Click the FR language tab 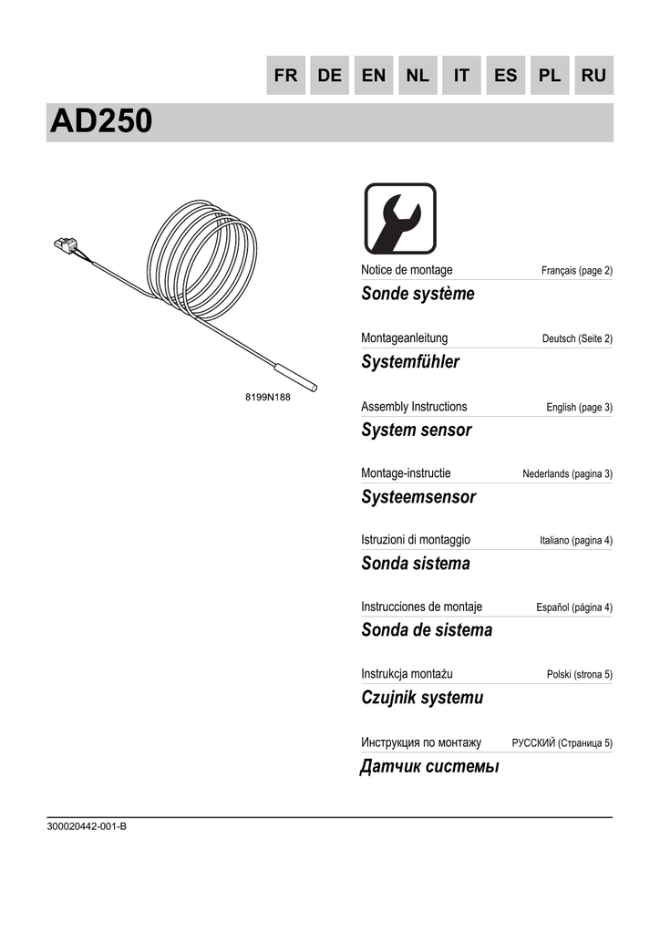coord(286,76)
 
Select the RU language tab coord(593,76)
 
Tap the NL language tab coord(418,76)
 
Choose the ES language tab coord(505,76)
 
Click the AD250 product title coord(101,122)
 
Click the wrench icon coord(400,219)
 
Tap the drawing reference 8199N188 coord(268,398)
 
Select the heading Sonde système coord(418,294)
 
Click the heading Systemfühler coord(410,362)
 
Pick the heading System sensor coord(416,430)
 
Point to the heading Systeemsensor coord(418,497)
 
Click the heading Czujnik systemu coord(422,698)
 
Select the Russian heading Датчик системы coord(430,766)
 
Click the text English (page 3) coord(579,408)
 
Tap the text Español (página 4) coord(574,608)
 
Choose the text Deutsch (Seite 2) coord(577,339)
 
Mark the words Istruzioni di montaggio coord(416,540)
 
